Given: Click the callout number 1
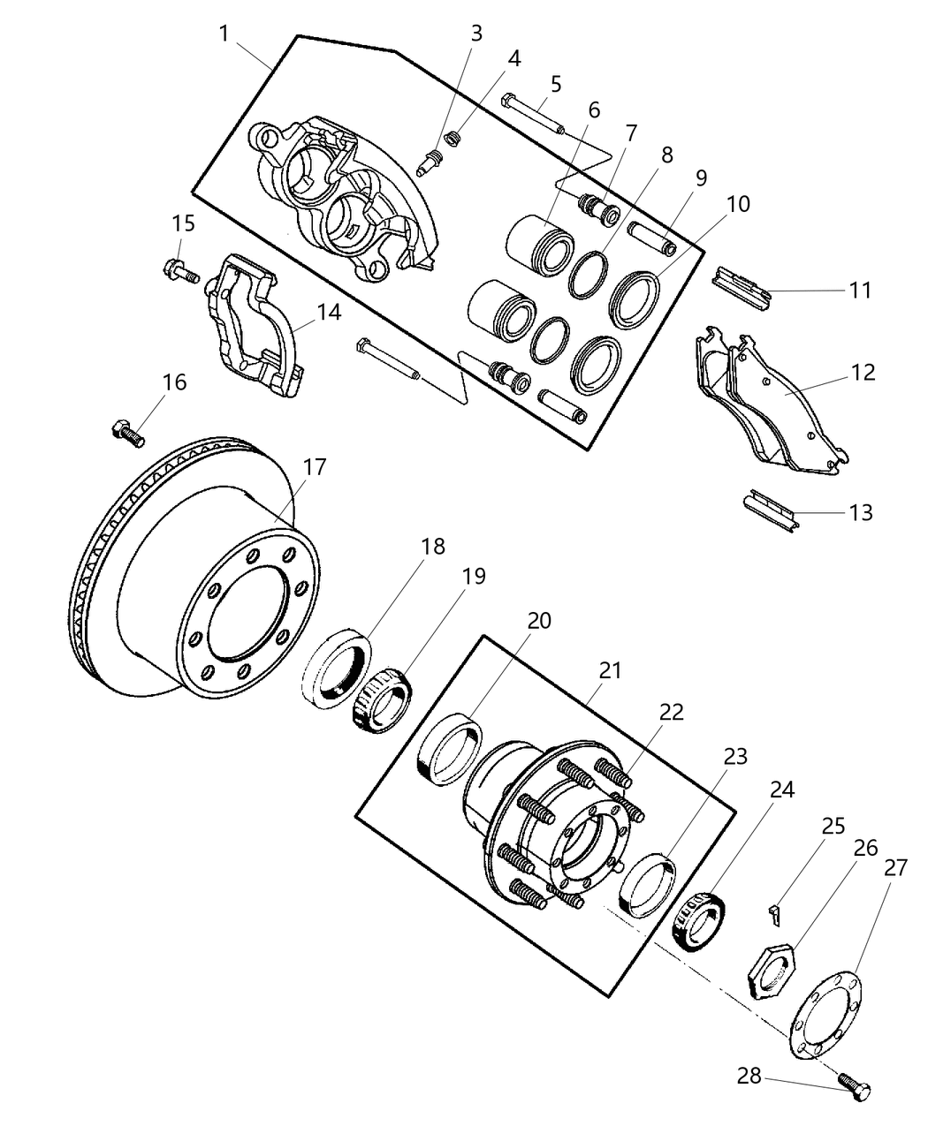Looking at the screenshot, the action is [224, 34].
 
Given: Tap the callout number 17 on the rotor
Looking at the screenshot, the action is [315, 467].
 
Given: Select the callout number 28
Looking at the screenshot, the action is [749, 1077].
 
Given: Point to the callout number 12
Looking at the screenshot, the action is [863, 373].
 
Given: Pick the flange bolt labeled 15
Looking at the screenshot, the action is [180, 269].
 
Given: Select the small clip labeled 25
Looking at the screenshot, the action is [775, 915].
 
